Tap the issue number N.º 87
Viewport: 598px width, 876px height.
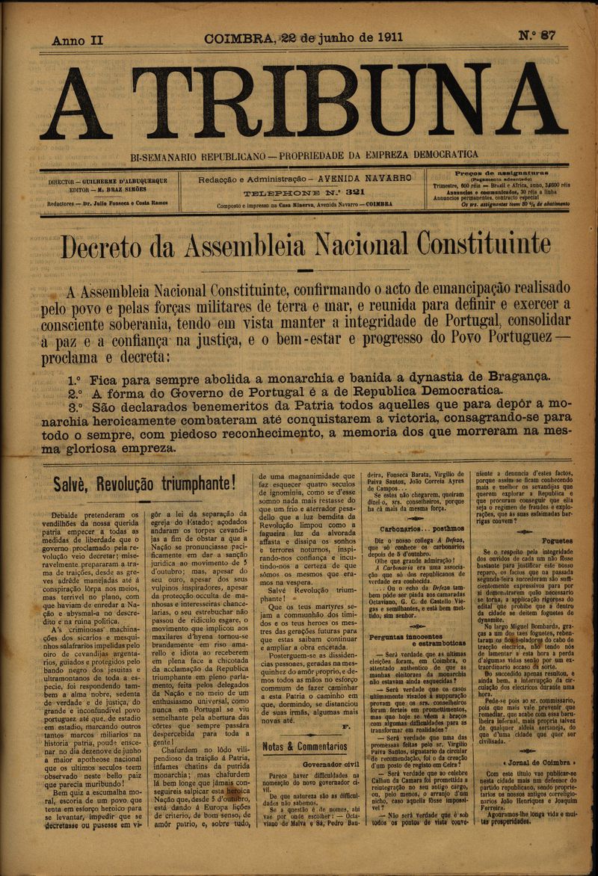[537, 36]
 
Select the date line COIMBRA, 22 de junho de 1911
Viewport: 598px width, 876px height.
[303, 37]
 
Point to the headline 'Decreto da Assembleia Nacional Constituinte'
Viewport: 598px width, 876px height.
[305, 244]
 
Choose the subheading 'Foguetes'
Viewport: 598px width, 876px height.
[558, 540]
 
